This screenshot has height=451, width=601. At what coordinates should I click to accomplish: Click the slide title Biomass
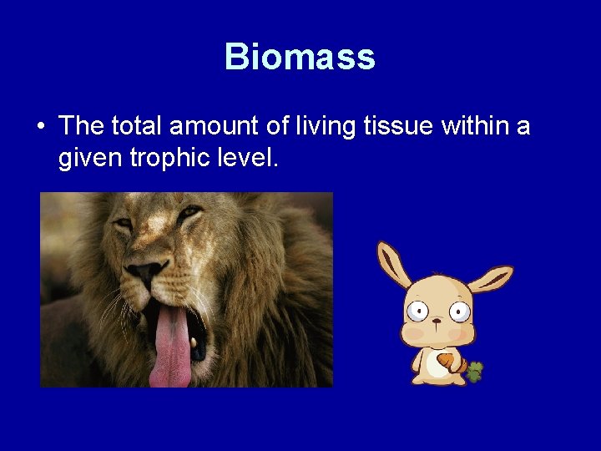click(300, 57)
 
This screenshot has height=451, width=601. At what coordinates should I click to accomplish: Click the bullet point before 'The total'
click(40, 127)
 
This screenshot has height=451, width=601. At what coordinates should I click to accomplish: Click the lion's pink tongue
click(170, 347)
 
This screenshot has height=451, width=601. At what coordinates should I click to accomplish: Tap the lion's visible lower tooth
click(194, 342)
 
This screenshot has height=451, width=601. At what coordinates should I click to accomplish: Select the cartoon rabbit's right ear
click(490, 278)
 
